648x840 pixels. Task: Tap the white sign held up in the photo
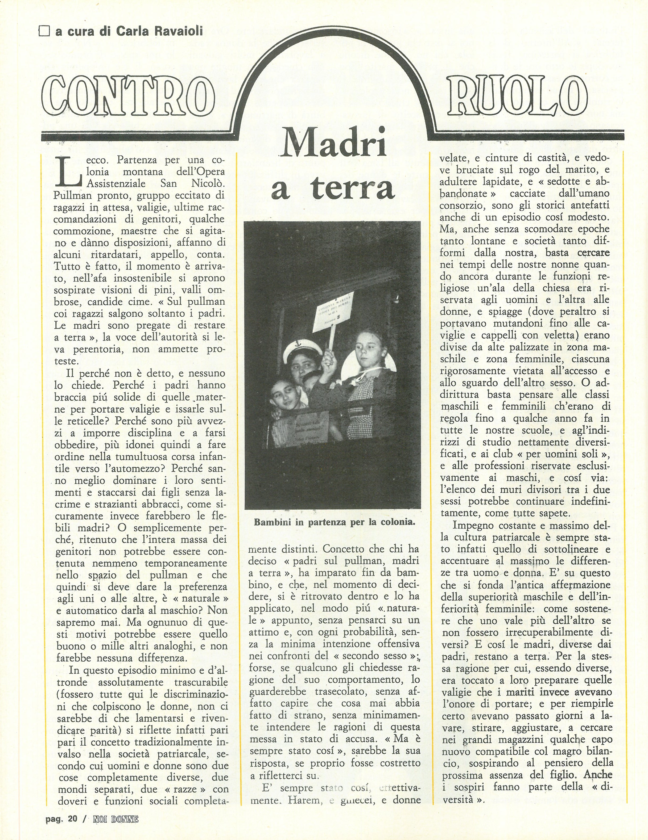pos(333,312)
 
